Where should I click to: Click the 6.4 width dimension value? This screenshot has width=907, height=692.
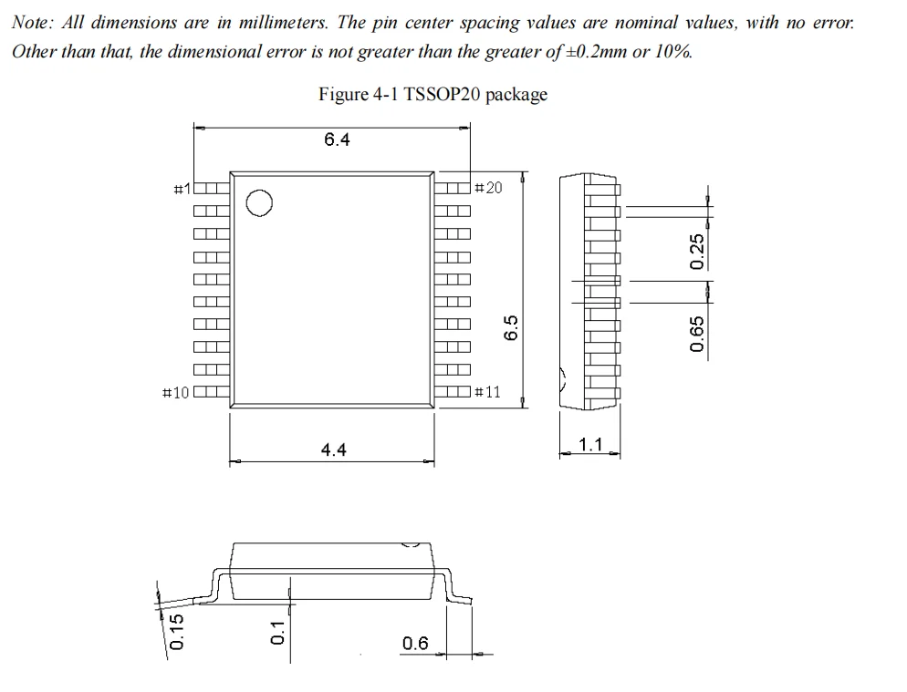coord(337,139)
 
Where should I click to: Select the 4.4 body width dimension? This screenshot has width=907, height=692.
coord(334,449)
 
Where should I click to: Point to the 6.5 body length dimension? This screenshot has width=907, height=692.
coord(512,327)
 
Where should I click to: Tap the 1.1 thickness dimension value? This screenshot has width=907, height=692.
coord(591,445)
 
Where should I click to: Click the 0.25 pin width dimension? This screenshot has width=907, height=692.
coord(698,252)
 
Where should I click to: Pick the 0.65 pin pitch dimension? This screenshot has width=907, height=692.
coord(698,335)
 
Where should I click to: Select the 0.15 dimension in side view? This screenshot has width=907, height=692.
coord(178,631)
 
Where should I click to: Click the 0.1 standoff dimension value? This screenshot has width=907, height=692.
coord(279,631)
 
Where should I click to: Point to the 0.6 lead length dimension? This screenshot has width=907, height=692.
coord(415,644)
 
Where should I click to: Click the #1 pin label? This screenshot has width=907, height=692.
coord(182,189)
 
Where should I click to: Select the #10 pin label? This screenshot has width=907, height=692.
coord(175,393)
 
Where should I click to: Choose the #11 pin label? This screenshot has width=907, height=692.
coord(488,392)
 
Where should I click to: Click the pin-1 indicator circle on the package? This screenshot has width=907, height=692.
coord(259,203)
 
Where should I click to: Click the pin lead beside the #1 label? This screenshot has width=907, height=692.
coord(211,190)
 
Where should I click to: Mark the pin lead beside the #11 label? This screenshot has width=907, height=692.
coord(453,393)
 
